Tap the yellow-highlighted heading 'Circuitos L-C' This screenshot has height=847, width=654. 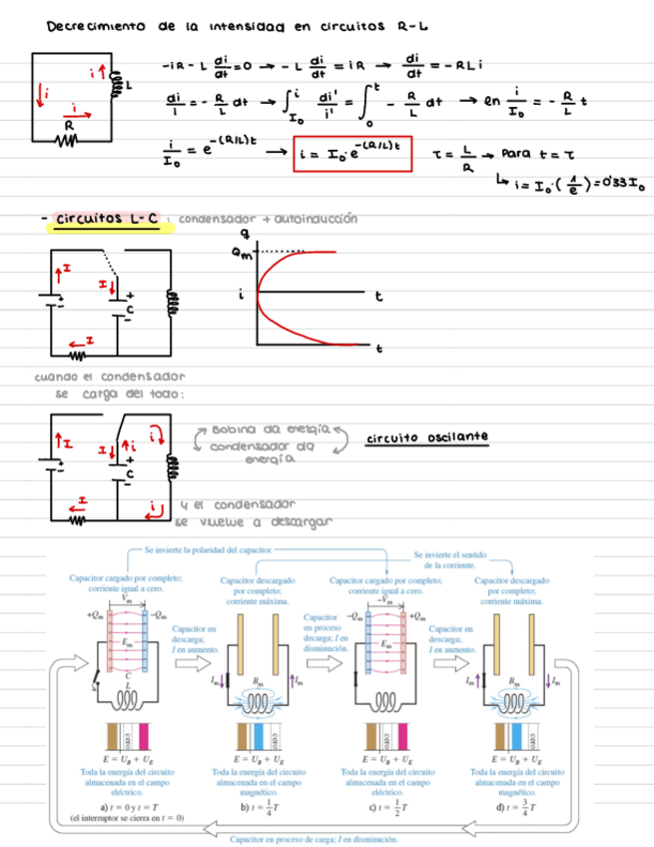tap(102, 219)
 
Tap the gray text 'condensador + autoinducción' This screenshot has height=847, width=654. tap(291, 219)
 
